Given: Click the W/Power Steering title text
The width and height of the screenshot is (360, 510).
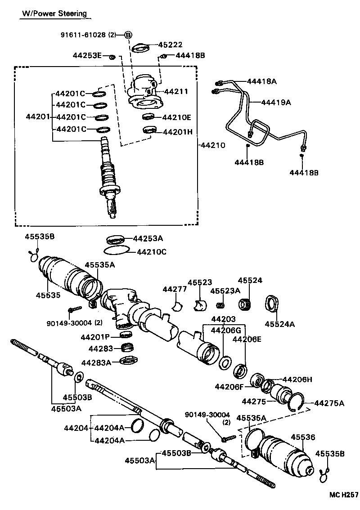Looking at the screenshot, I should [54, 13].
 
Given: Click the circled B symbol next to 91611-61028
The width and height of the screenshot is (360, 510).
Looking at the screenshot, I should [128, 35].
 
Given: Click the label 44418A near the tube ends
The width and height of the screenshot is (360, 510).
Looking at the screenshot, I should [261, 81].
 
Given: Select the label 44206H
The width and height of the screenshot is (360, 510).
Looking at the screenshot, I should [297, 379].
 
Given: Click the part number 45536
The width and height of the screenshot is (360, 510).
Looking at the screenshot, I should [303, 437].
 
